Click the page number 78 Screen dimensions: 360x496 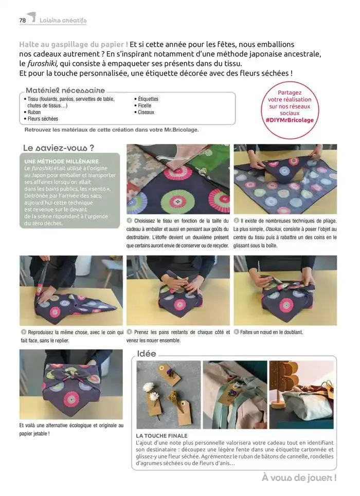tap(23, 20)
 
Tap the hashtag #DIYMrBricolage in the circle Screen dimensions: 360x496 tap(290, 120)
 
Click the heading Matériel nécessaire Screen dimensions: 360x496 tap(65, 90)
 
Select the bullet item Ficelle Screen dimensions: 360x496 tap(145, 106)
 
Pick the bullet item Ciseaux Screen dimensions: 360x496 tap(146, 112)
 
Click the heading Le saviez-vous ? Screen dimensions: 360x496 tap(59, 148)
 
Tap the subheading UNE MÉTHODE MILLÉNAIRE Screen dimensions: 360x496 tap(61, 161)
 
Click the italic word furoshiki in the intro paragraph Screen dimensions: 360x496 tap(42, 64)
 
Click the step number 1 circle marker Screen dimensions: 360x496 tap(129, 221)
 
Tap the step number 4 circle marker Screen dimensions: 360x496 tap(129, 332)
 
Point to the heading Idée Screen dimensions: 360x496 tap(146, 354)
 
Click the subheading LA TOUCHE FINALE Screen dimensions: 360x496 tap(161, 436)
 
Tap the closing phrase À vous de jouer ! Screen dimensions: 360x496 tap(299, 477)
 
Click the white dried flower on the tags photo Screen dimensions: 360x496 tap(148, 387)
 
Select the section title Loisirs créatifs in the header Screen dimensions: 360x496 tap(63, 21)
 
